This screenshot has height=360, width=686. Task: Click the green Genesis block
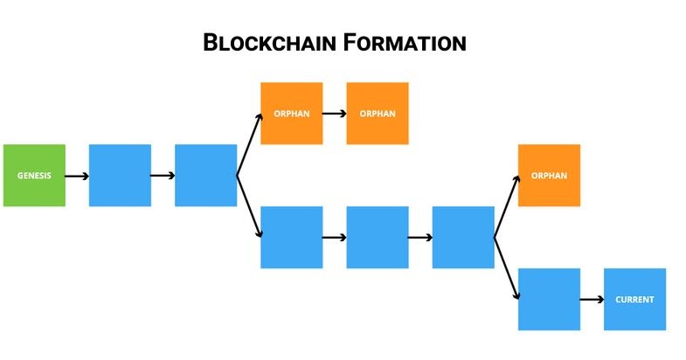click(x=34, y=176)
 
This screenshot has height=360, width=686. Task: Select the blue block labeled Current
click(x=634, y=299)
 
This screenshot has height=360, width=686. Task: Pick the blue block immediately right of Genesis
click(x=120, y=176)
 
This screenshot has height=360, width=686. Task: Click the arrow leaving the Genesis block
click(x=77, y=176)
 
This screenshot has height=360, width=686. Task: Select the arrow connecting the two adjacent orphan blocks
click(x=334, y=114)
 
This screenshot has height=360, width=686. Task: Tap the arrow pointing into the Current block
click(x=592, y=299)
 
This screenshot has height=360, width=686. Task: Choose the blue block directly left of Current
click(x=549, y=299)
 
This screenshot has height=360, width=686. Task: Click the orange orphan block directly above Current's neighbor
click(x=549, y=176)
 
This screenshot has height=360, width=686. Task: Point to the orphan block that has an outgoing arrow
click(x=291, y=114)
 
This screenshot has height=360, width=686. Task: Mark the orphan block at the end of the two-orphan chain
click(x=377, y=114)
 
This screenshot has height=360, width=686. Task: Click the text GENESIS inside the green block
click(x=34, y=176)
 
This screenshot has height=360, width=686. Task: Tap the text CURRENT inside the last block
click(x=634, y=299)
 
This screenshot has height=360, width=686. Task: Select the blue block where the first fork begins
click(x=205, y=176)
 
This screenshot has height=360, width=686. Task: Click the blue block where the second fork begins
click(x=462, y=237)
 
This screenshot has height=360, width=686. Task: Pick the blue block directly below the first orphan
click(x=291, y=237)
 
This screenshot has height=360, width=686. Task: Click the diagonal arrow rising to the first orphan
click(x=248, y=145)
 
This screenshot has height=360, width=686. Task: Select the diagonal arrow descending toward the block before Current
click(x=506, y=267)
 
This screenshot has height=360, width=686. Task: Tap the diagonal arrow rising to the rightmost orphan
click(x=506, y=206)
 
